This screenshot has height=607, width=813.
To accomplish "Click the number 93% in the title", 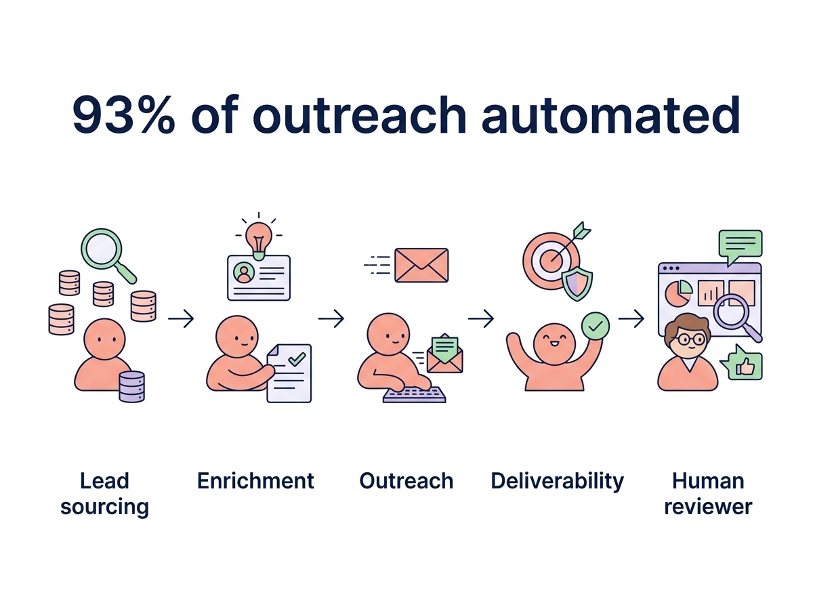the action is point(123,114).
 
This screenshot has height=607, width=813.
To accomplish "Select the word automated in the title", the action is point(610,114).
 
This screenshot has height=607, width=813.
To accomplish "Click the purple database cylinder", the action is point(131,386).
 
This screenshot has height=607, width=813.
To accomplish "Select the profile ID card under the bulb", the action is point(259,278).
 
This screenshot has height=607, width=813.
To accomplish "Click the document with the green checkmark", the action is point(289,373).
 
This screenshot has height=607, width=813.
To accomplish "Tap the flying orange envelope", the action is point(421,265).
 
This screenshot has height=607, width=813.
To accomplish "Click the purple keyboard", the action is point(414,395).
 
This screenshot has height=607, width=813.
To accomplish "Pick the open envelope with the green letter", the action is point(445,354).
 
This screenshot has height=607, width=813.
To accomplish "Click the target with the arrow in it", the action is point(551,260).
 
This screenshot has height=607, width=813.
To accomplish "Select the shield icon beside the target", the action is point(577,285).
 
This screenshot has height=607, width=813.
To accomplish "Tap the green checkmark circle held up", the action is point(596,326).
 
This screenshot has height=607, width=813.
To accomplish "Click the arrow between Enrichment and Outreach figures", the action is point(331,318).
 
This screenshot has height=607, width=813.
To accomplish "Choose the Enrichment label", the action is point(255,481).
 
